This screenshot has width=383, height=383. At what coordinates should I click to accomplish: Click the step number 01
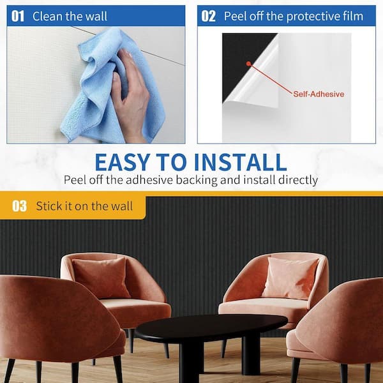coord(18,17)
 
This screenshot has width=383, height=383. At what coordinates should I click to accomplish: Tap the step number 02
coord(208,17)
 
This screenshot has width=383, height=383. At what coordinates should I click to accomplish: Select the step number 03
coord(20,206)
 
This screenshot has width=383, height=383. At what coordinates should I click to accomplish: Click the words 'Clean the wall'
coord(70,17)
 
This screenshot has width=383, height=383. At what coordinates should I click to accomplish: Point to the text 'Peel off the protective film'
coord(294,17)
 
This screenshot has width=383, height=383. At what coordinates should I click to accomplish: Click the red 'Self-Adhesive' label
coord(319,94)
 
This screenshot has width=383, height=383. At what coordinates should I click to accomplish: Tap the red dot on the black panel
coord(249,64)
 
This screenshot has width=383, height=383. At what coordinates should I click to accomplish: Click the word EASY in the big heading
coord(123,162)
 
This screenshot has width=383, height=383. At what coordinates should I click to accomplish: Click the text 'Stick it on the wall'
coord(84,206)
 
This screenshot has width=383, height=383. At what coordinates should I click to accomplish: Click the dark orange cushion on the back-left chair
coord(101,278)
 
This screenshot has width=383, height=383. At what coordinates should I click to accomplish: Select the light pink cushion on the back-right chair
coord(290,278)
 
